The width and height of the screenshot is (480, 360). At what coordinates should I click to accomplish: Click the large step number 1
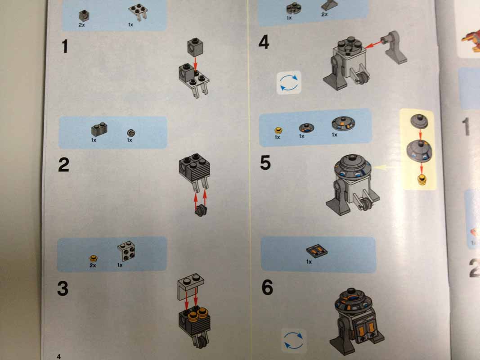click(x=65, y=46)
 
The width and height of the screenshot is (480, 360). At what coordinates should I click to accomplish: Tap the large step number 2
click(x=64, y=165)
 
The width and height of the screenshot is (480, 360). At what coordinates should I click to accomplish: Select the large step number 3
click(x=63, y=288)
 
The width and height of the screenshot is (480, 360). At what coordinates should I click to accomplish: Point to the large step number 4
click(x=264, y=42)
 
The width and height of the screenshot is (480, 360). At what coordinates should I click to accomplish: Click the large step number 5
click(x=265, y=162)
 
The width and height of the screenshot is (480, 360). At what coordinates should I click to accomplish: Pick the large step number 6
click(x=267, y=288)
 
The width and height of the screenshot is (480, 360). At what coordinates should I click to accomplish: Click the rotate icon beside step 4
click(x=289, y=82)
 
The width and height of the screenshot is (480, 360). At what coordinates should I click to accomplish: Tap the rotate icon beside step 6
click(x=294, y=340)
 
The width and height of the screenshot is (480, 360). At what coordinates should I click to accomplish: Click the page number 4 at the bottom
click(x=59, y=356)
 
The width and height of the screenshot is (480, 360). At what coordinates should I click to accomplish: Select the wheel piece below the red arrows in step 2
click(x=201, y=211)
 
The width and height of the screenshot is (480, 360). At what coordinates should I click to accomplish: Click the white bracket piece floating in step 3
click(x=190, y=287)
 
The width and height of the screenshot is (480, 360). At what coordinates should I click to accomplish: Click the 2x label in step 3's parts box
click(x=93, y=265)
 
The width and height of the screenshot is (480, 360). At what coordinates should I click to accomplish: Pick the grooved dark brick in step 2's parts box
click(x=99, y=130)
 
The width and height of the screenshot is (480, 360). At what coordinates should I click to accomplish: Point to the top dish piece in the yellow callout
click(x=419, y=121)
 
